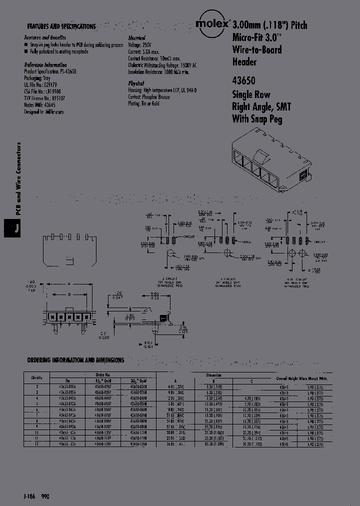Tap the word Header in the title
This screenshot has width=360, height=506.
(x=244, y=62)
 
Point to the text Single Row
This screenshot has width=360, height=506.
(x=251, y=94)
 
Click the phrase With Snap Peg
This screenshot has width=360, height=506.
(x=257, y=119)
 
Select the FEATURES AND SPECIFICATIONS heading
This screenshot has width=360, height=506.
(x=61, y=26)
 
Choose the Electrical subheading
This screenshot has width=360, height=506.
(x=136, y=38)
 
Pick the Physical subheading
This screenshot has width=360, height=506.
(x=135, y=83)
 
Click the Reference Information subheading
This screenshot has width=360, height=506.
(x=45, y=65)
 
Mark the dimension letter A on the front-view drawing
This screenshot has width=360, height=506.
(x=66, y=282)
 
